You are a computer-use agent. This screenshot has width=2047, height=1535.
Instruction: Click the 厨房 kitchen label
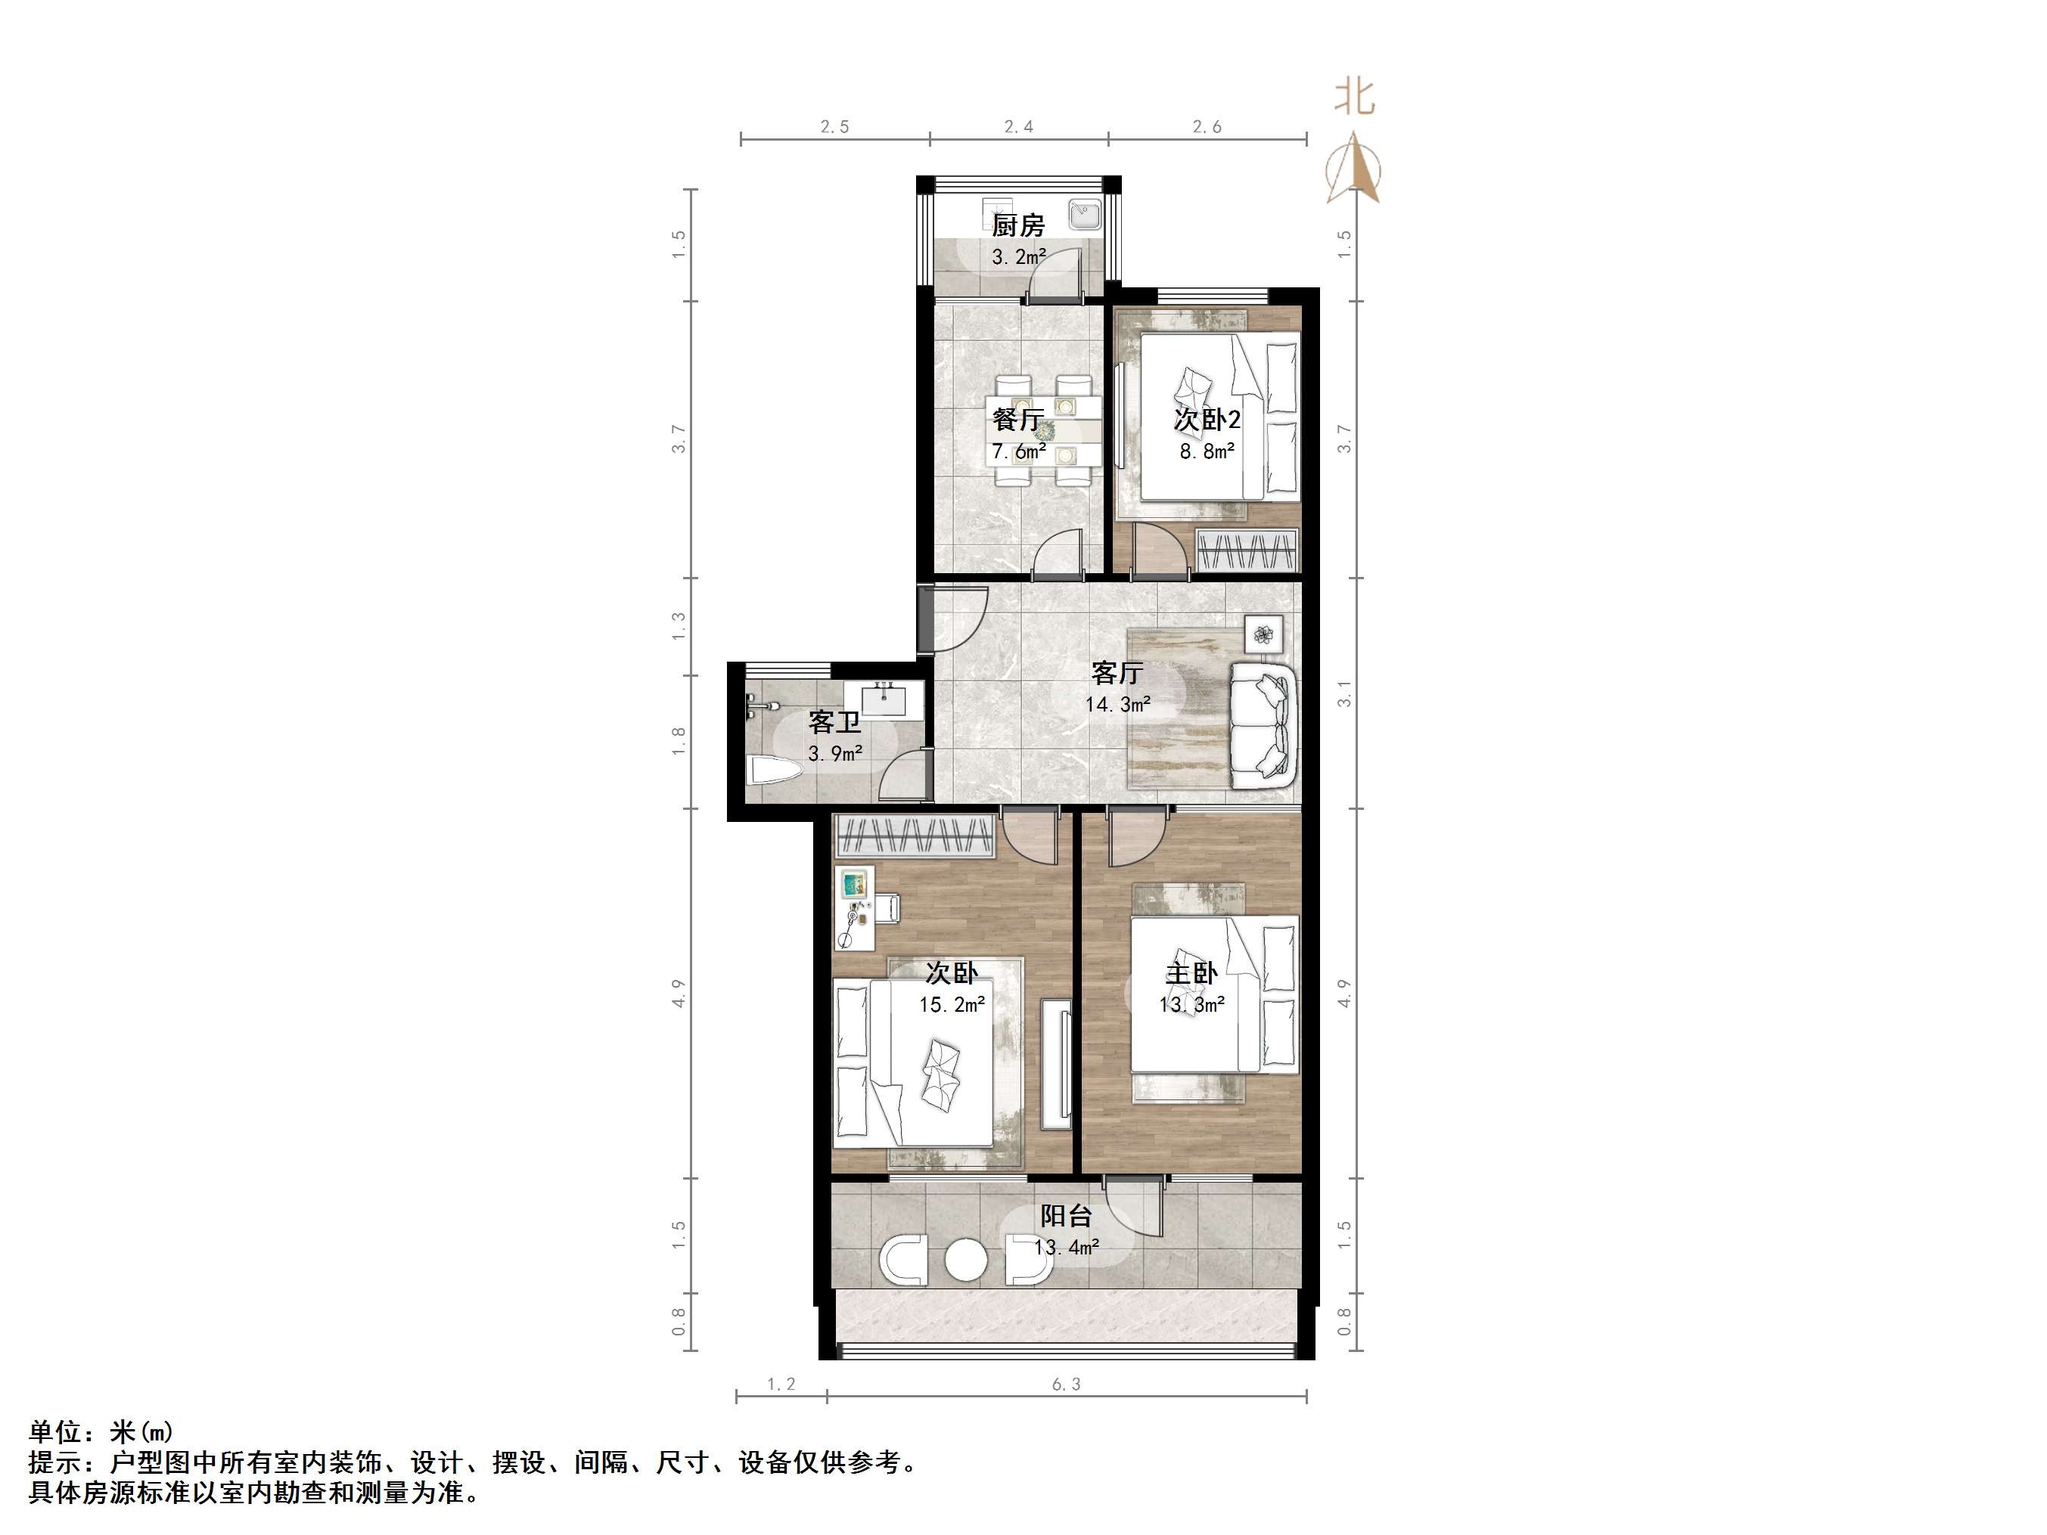click(1018, 225)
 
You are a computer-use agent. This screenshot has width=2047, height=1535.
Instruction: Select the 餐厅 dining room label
click(1018, 419)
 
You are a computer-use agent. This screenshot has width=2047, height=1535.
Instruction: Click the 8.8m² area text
click(1207, 451)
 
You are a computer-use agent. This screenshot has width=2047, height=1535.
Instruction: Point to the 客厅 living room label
click(1117, 673)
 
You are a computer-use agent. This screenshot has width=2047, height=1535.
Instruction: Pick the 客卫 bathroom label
click(834, 721)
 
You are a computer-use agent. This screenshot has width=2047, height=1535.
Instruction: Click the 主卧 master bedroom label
click(1191, 973)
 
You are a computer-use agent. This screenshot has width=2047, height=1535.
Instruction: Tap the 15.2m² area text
click(952, 1005)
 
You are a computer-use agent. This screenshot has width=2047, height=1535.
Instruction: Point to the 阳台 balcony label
click(1066, 1216)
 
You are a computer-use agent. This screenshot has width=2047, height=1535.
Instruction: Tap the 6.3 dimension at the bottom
click(1066, 1385)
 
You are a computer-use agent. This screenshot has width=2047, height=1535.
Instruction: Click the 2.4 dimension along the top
click(1018, 127)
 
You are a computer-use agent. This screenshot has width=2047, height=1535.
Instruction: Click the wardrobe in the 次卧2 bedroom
click(1246, 551)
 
